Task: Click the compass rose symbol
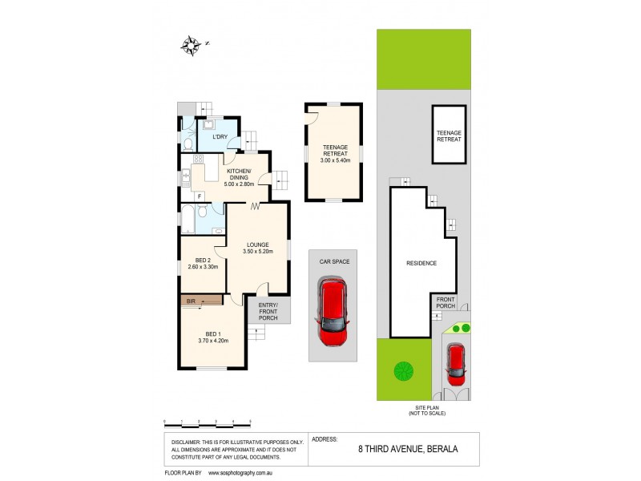pyautogui.click(x=191, y=46)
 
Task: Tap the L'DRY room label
pyautogui.click(x=220, y=138)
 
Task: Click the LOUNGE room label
pyautogui.click(x=258, y=245)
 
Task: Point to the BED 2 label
pyautogui.click(x=203, y=261)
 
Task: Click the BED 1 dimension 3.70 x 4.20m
pyautogui.click(x=213, y=341)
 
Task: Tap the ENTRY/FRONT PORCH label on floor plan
pyautogui.click(x=268, y=310)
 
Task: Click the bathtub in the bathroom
pyautogui.click(x=187, y=217)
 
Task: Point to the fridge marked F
pyautogui.click(x=197, y=196)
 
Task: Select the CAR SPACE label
pyautogui.click(x=334, y=261)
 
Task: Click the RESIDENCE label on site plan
pyautogui.click(x=421, y=263)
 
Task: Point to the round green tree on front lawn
pyautogui.click(x=403, y=370)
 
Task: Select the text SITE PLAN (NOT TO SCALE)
pyautogui.click(x=425, y=410)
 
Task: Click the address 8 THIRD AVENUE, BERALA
pyautogui.click(x=408, y=450)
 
